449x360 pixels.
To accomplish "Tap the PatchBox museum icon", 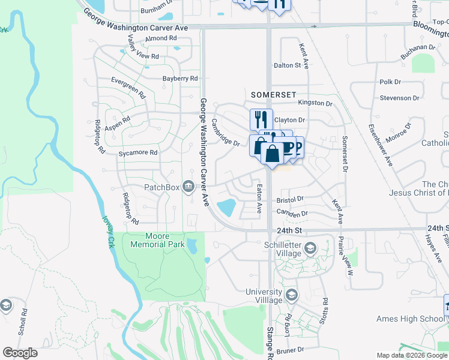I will coord(188,187).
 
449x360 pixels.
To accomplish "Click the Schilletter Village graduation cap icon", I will coord(310,248).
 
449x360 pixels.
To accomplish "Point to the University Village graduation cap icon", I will coord(291,295).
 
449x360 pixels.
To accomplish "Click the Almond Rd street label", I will coord(161,38).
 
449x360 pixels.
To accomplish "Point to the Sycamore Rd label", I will coord(137,153).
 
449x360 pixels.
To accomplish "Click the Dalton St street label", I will coord(287,65).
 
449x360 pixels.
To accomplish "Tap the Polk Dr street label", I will coord(390,82).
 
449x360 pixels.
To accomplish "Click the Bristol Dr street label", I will coord(290,199).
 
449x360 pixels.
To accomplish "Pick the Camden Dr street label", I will coord(292,213).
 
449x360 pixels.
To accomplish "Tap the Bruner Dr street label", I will coord(291,349).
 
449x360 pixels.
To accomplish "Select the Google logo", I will coord(20,353).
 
